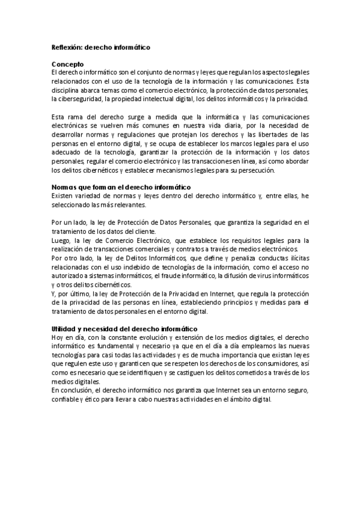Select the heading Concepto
67,63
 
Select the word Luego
61,241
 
